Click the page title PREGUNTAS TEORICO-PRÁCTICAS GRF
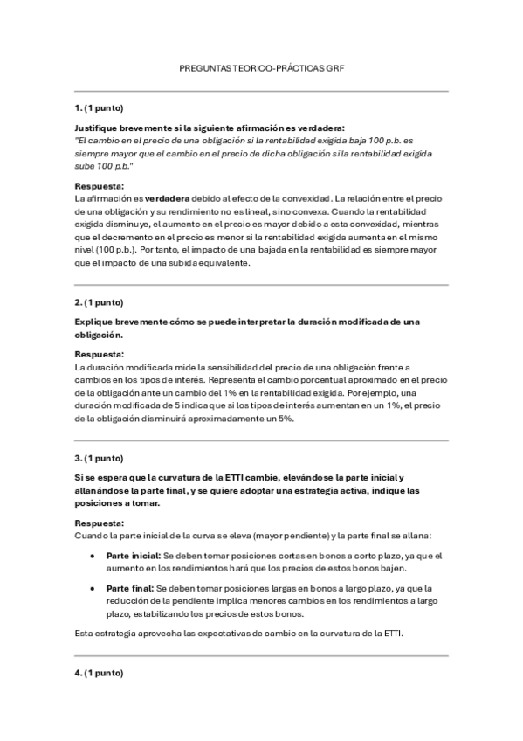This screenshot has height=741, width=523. coord(262,67)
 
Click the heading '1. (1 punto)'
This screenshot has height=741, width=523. coord(99,107)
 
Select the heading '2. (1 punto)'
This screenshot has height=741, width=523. coord(99,302)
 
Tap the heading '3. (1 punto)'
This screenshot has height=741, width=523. coord(99,458)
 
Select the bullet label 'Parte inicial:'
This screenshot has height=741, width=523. coord(133,556)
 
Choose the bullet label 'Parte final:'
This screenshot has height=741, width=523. coord(130,588)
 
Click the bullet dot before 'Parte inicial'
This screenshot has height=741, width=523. coord(93,556)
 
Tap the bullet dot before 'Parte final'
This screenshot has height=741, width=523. coord(93,588)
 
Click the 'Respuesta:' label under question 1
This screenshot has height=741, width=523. coord(100,186)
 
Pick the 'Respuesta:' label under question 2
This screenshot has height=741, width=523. coord(100,354)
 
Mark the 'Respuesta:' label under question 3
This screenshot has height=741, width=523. coord(100,523)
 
